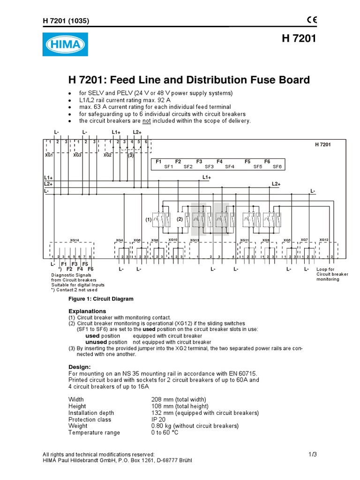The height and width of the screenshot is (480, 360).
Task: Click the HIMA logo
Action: [x=65, y=45]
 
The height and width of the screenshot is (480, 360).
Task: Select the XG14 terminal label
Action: [x=74, y=240]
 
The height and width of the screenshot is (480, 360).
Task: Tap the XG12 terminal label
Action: [x=324, y=240]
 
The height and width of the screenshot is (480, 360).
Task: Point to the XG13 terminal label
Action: [x=195, y=240]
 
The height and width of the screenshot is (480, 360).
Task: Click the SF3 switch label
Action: [x=209, y=167]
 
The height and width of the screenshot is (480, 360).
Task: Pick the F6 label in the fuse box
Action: [x=267, y=161]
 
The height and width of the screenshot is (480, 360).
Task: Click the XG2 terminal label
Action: [x=107, y=155]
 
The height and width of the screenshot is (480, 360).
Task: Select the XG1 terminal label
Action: [x=49, y=155]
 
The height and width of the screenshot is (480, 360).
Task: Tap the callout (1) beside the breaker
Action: [x=149, y=219]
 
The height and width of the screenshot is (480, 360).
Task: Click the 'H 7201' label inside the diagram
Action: [x=322, y=145]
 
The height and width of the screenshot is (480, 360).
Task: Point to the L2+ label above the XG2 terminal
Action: [x=137, y=133]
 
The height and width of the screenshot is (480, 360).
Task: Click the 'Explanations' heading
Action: [x=87, y=311]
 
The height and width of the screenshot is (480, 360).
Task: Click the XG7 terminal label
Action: [x=304, y=240]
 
